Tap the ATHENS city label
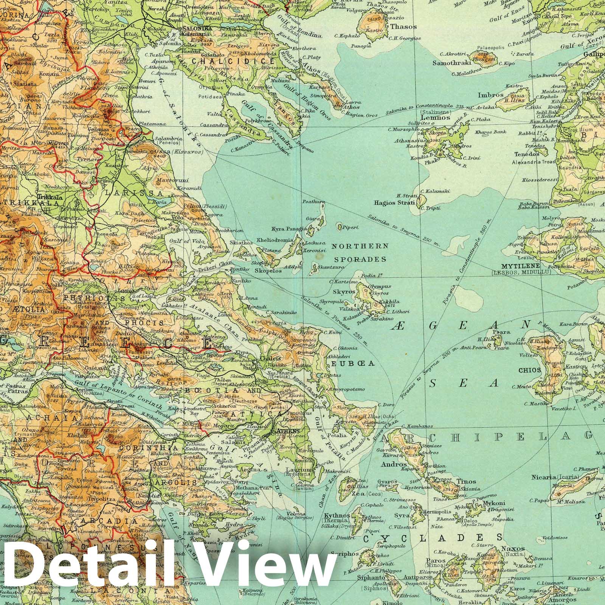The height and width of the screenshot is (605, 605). click(x=289, y=431)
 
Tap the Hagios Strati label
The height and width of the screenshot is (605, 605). click(x=395, y=203)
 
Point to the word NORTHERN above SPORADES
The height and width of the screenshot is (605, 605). click(x=360, y=246)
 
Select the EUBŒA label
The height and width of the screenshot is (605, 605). click(x=353, y=363)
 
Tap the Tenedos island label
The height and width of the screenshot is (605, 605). click(x=526, y=154)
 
